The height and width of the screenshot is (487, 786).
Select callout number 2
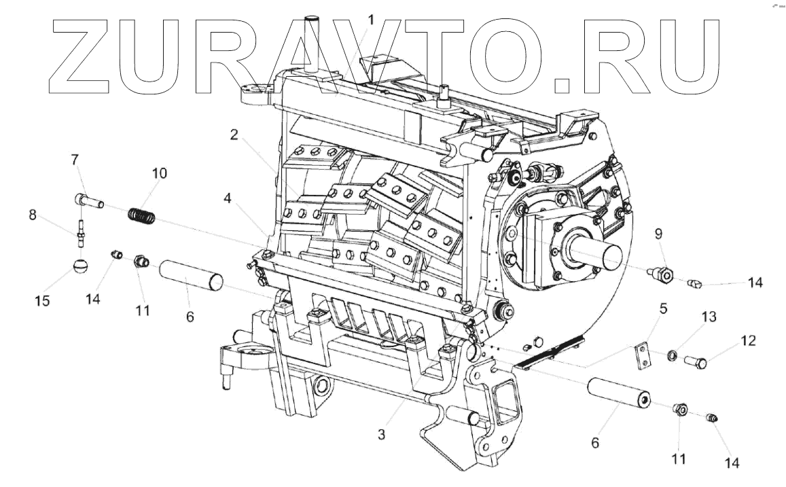pyautogui.click(x=234, y=134)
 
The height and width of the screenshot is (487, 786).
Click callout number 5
pyautogui.click(x=662, y=308)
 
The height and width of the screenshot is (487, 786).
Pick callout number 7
pyautogui.click(x=75, y=160)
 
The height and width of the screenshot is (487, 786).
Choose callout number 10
pyautogui.click(x=158, y=173)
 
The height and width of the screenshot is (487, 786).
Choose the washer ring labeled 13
pyautogui.click(x=672, y=356)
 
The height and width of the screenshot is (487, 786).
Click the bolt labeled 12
pyautogui.click(x=696, y=362)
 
